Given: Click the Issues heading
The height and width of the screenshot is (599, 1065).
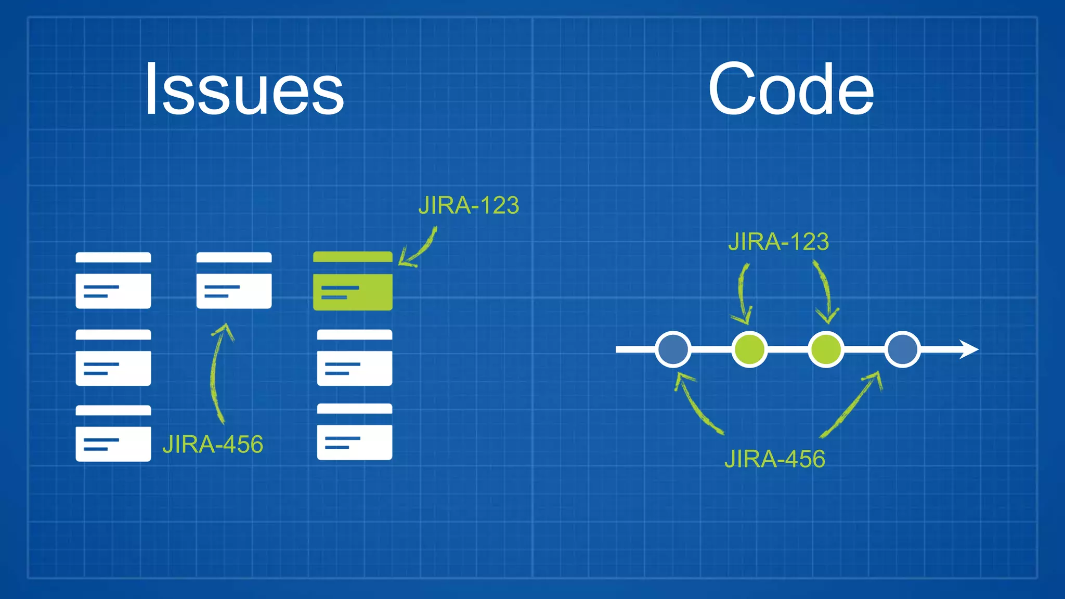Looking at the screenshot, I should [244, 89].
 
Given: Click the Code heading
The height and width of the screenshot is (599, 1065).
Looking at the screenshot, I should [791, 89].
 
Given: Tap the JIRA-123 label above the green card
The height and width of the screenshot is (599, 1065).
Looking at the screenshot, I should [469, 206].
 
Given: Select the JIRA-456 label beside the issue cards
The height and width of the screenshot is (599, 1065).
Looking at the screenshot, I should [213, 445].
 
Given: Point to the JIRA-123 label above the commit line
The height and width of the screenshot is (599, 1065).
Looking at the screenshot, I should [778, 242].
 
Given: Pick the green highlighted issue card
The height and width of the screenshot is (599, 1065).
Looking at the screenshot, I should [353, 281].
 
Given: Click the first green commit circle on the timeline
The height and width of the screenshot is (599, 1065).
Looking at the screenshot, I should [749, 349].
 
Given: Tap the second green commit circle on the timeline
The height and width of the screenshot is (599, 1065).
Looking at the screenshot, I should [826, 349].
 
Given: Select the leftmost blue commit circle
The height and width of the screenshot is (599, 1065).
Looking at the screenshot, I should [673, 349].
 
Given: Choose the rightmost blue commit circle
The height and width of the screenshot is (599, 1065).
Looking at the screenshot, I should [902, 349].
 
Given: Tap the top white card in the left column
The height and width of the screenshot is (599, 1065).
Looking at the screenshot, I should [113, 281].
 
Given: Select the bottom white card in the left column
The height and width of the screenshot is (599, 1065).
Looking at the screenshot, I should [113, 434].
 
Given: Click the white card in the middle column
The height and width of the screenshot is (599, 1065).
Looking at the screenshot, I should [234, 281].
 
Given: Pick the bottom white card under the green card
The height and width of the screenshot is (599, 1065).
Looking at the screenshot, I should [355, 432].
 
